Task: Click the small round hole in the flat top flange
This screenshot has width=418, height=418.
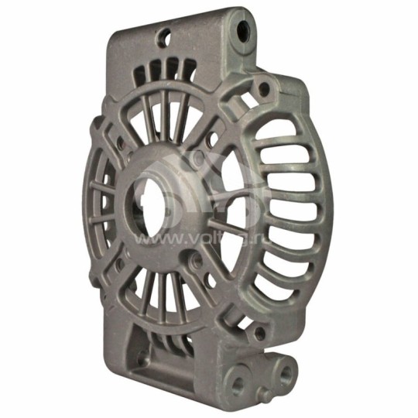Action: point(164,35)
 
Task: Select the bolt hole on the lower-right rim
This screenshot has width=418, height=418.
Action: point(259,334)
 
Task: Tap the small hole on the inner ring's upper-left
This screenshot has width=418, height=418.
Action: point(122,145)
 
